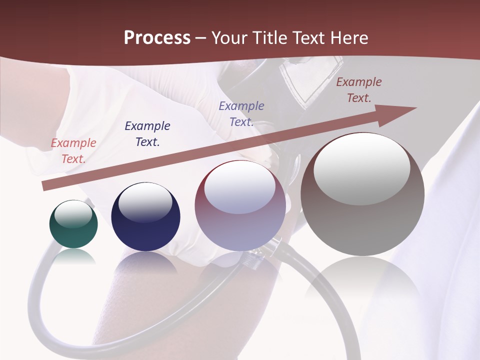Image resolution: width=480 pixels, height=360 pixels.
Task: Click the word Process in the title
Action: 157,38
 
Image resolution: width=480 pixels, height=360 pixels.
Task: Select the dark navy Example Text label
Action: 147,134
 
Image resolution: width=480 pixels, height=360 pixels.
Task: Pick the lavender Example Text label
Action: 241,114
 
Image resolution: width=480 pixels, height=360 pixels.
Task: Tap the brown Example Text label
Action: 358,90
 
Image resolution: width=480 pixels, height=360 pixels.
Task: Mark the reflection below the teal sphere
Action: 73,256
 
